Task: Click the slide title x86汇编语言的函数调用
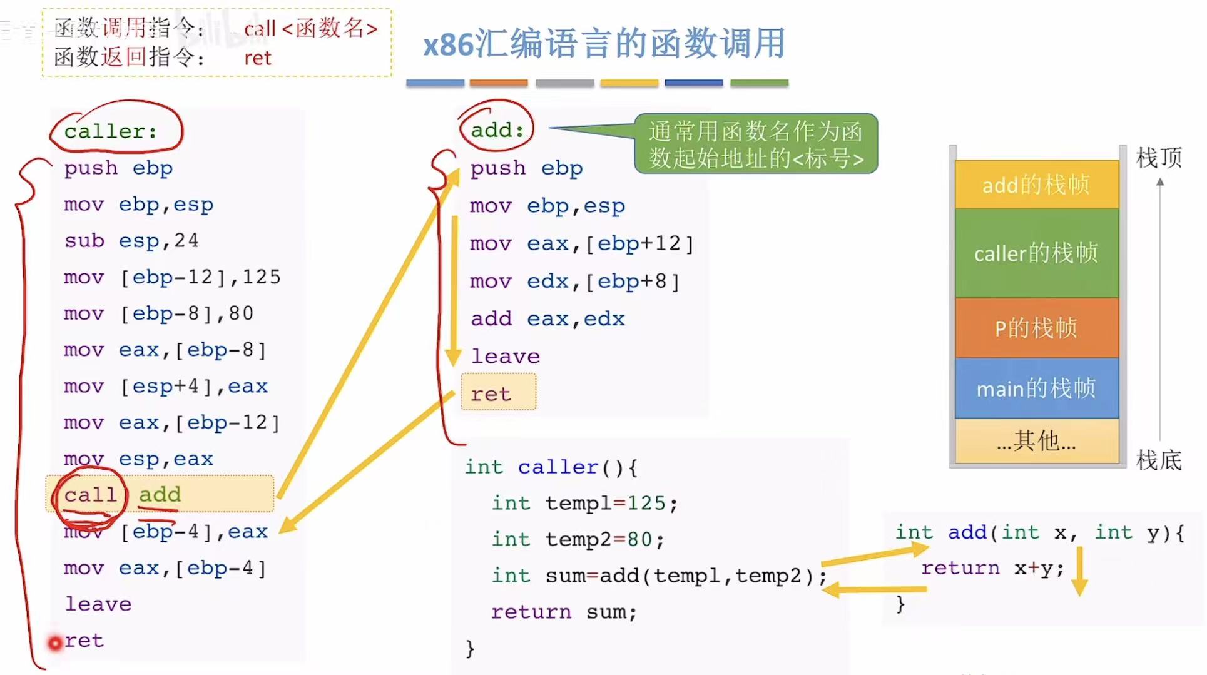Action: (604, 44)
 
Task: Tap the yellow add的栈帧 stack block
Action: (1036, 185)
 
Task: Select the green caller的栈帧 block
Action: (1036, 253)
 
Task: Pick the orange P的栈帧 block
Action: (1036, 328)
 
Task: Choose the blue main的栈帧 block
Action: (1036, 388)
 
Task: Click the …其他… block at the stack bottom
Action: (1036, 442)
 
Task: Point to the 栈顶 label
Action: (1159, 158)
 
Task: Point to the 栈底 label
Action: (1159, 460)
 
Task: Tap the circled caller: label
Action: (111, 131)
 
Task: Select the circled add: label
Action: (497, 129)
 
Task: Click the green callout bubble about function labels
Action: (756, 144)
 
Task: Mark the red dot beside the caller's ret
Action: (55, 642)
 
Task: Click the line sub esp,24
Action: (131, 241)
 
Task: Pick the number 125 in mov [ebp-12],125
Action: (262, 277)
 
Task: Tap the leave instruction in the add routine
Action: (505, 357)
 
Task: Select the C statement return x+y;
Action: (992, 568)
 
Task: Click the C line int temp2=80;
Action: (577, 539)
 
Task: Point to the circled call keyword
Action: (90, 495)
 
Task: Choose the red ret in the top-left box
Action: (257, 58)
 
